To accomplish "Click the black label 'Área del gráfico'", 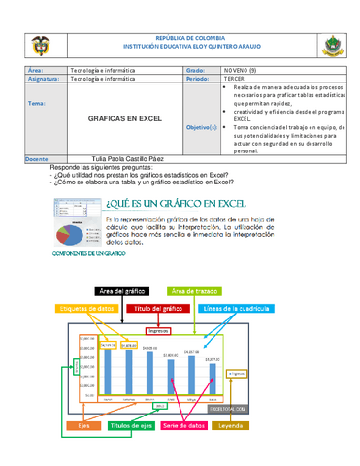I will pos(122,291).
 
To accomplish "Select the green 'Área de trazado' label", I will pos(194,291).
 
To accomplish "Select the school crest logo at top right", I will pos(326,46).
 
